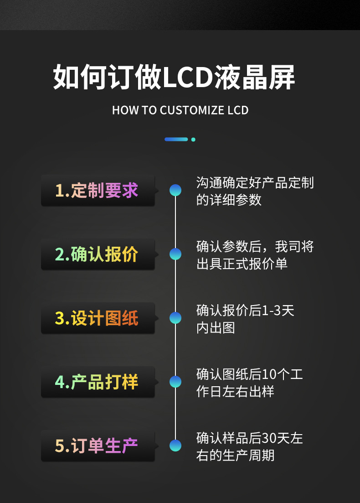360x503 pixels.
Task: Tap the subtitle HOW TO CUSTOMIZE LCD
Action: pyautogui.click(x=180, y=110)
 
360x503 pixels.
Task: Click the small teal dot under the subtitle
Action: pyautogui.click(x=193, y=139)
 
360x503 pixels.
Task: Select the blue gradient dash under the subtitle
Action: pyautogui.click(x=176, y=139)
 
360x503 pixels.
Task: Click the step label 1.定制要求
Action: pyautogui.click(x=97, y=191)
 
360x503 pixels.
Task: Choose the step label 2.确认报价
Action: pyautogui.click(x=97, y=254)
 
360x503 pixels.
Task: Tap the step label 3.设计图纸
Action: pyautogui.click(x=97, y=318)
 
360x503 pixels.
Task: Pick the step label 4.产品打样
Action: pyautogui.click(x=97, y=382)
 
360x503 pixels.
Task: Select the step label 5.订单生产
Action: pyautogui.click(x=97, y=446)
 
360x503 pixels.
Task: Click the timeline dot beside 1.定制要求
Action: pyautogui.click(x=175, y=190)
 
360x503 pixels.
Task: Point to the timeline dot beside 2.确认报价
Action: pyautogui.click(x=175, y=254)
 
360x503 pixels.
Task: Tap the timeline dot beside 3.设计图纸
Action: pyautogui.click(x=175, y=318)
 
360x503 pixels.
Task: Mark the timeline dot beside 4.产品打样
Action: pyautogui.click(x=175, y=382)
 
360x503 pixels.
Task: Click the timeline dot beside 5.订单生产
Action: pyautogui.click(x=175, y=446)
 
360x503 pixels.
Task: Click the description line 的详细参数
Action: pyautogui.click(x=229, y=200)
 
